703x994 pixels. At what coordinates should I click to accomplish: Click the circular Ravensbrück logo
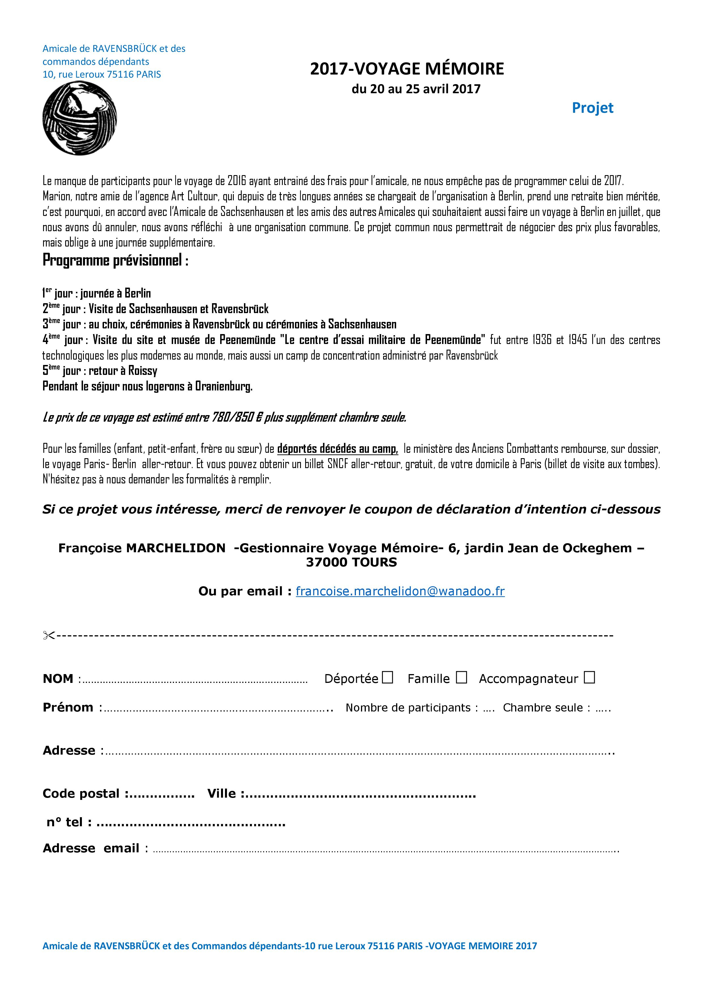click(80, 118)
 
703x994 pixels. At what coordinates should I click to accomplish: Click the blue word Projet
click(592, 108)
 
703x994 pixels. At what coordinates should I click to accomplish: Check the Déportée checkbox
click(388, 677)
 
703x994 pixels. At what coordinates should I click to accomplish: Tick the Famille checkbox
click(462, 677)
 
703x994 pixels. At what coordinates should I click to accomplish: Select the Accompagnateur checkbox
click(589, 677)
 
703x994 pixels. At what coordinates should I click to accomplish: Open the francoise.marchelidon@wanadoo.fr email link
click(400, 591)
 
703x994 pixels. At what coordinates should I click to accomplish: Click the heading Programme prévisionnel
click(115, 261)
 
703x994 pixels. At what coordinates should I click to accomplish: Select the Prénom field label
click(68, 708)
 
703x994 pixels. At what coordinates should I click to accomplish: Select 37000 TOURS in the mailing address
click(351, 562)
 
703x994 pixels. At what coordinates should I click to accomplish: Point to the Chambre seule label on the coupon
click(543, 708)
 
